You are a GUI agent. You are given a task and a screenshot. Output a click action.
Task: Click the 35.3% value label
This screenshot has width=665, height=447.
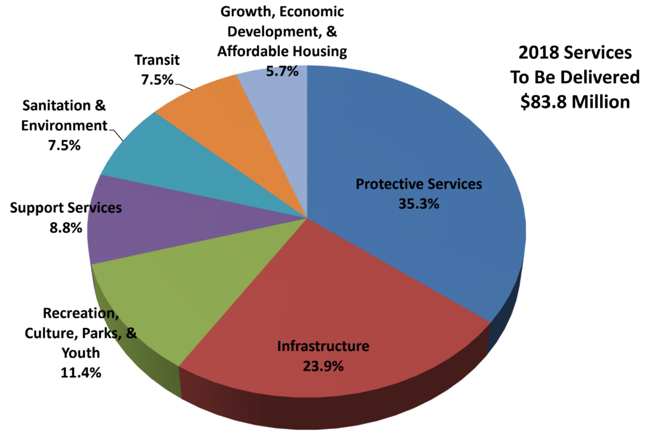point(419,204)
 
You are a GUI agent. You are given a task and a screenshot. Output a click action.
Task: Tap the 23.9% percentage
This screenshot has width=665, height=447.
point(323,366)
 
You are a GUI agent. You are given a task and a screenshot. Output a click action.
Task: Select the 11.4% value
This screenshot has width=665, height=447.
point(81,372)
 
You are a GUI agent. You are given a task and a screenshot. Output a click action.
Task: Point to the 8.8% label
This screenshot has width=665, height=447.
point(66,228)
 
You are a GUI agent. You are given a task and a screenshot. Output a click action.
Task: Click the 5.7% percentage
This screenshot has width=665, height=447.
point(282,71)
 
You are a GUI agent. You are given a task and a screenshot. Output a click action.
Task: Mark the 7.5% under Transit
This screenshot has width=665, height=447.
point(157,80)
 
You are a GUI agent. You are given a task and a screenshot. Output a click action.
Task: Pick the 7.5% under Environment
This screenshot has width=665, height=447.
point(64,145)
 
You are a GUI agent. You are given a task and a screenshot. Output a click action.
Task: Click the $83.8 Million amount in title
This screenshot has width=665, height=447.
point(575,102)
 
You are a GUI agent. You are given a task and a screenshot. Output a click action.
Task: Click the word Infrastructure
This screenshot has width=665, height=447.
point(323,346)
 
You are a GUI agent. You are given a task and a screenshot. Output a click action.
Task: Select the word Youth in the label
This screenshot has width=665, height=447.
point(81,353)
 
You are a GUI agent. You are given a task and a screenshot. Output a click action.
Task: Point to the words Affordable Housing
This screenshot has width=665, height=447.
point(282,52)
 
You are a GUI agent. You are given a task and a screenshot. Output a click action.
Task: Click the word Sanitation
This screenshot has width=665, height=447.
point(56,106)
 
